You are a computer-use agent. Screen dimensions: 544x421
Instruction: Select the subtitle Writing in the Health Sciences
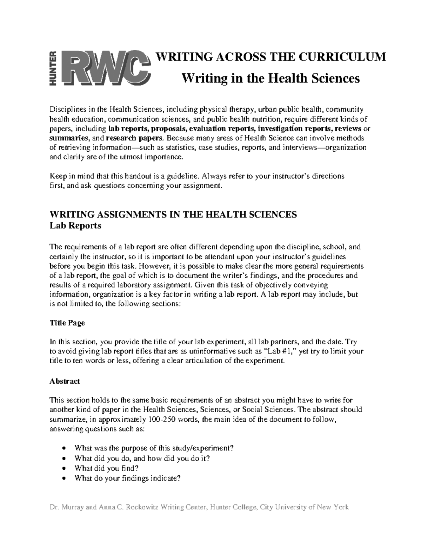click(270, 78)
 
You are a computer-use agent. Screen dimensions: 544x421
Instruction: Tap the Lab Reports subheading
click(75, 226)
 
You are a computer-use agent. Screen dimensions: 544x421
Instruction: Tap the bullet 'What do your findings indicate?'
click(127, 478)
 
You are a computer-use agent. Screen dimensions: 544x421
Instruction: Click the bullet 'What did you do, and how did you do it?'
click(142, 458)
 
